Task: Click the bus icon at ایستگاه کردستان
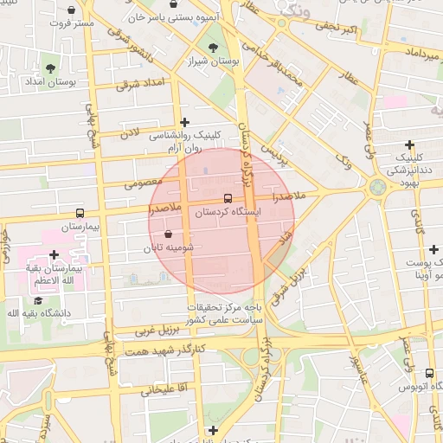click(x=228, y=198)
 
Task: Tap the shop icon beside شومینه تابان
click(x=167, y=234)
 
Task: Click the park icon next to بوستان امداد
click(x=51, y=67)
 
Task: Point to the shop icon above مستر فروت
click(x=71, y=10)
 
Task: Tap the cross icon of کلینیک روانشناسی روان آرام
click(x=183, y=122)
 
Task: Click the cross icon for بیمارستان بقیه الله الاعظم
click(x=55, y=254)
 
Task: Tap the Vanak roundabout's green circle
click(x=377, y=187)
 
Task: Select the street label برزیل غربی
click(x=156, y=331)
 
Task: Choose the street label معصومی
click(x=144, y=183)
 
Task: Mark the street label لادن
click(x=129, y=133)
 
